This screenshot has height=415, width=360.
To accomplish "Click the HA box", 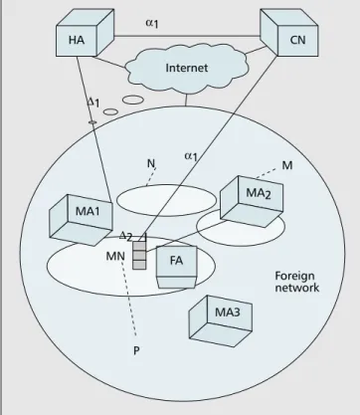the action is [x=86, y=33].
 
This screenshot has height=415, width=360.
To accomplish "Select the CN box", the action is [x=289, y=33].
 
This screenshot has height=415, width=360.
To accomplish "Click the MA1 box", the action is [x=82, y=220].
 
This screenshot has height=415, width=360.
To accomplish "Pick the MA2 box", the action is [x=252, y=201].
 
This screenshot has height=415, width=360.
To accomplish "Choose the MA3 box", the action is [x=221, y=321].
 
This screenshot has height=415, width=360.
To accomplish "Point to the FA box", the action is [x=176, y=267].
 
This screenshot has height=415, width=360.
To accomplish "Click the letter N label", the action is [x=151, y=163].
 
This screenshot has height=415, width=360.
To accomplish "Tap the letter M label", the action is [x=287, y=165].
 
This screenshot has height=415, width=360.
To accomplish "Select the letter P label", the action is [x=136, y=350].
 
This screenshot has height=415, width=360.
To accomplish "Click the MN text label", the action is [x=115, y=256].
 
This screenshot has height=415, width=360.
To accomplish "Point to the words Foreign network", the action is [x=297, y=282].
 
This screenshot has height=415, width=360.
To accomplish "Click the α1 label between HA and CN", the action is [x=152, y=23].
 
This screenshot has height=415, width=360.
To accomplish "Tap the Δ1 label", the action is [x=93, y=103].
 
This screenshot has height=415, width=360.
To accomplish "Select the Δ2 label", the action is [x=126, y=236].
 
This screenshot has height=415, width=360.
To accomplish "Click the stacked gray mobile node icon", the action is [x=139, y=255].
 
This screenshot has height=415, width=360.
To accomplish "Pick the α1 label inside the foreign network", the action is [x=191, y=156].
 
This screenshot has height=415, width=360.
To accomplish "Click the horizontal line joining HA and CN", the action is [x=187, y=36].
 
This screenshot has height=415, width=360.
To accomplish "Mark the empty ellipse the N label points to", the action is [x=166, y=200].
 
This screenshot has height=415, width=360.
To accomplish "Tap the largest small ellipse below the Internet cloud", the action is [x=133, y=100].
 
